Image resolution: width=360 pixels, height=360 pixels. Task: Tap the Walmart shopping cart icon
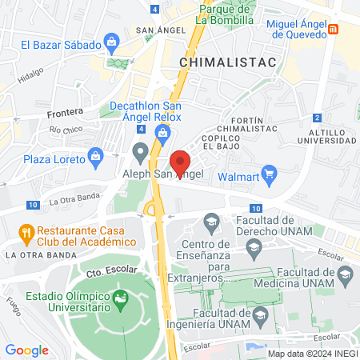click(270, 173)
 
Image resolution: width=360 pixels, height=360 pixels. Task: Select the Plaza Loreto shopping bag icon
click(98, 154)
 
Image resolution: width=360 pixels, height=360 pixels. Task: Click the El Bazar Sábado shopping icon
click(112, 41)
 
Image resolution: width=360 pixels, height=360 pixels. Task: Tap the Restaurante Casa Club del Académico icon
click(26, 234)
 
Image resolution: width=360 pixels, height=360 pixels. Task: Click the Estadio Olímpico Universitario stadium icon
click(121, 300)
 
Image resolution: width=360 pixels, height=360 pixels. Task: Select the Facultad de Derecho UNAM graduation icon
click(212, 220)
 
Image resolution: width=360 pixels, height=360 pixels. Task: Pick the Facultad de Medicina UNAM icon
click(345, 277)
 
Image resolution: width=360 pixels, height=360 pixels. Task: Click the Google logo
click(26, 350)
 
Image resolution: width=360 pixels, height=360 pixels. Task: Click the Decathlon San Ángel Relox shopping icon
click(173, 130)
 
